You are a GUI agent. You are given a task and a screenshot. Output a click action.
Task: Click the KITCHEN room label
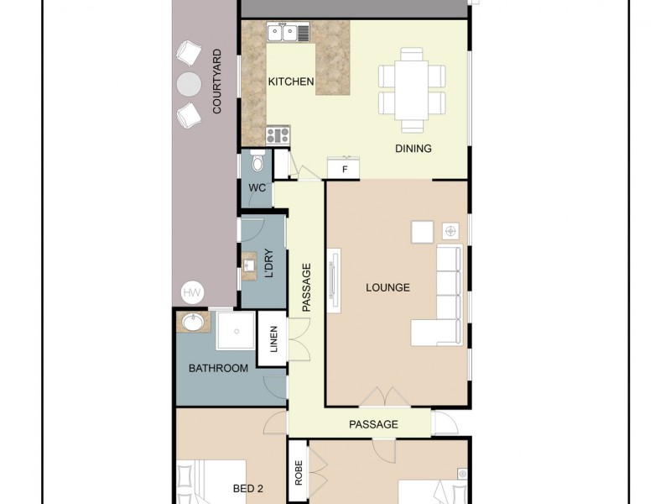click(x=291, y=81)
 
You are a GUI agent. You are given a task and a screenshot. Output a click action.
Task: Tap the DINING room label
click(x=413, y=150)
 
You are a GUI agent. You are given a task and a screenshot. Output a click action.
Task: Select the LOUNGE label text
click(x=388, y=287)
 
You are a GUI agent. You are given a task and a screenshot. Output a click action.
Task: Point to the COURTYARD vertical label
click(x=216, y=81)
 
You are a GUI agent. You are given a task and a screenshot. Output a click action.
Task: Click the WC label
click(x=257, y=188)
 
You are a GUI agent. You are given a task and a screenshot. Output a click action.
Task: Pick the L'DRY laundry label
click(x=269, y=264)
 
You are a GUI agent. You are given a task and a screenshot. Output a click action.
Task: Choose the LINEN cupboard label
click(x=272, y=339)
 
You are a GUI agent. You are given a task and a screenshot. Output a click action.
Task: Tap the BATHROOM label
click(x=218, y=368)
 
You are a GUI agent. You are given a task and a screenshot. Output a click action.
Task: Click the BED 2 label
click(x=248, y=487)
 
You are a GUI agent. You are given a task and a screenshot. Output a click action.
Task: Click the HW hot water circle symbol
click(x=191, y=293)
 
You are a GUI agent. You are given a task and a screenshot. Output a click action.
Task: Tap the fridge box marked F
click(x=344, y=169)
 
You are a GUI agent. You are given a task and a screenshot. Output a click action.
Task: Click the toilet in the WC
click(x=257, y=162)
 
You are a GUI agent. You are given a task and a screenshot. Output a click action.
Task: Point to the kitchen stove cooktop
click(x=278, y=135)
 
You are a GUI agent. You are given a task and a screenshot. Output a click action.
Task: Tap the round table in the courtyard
click(x=190, y=82)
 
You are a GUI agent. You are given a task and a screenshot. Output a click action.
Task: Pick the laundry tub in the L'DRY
click(x=249, y=267)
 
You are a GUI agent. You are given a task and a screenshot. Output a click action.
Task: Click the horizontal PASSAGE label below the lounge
click(x=373, y=424)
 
